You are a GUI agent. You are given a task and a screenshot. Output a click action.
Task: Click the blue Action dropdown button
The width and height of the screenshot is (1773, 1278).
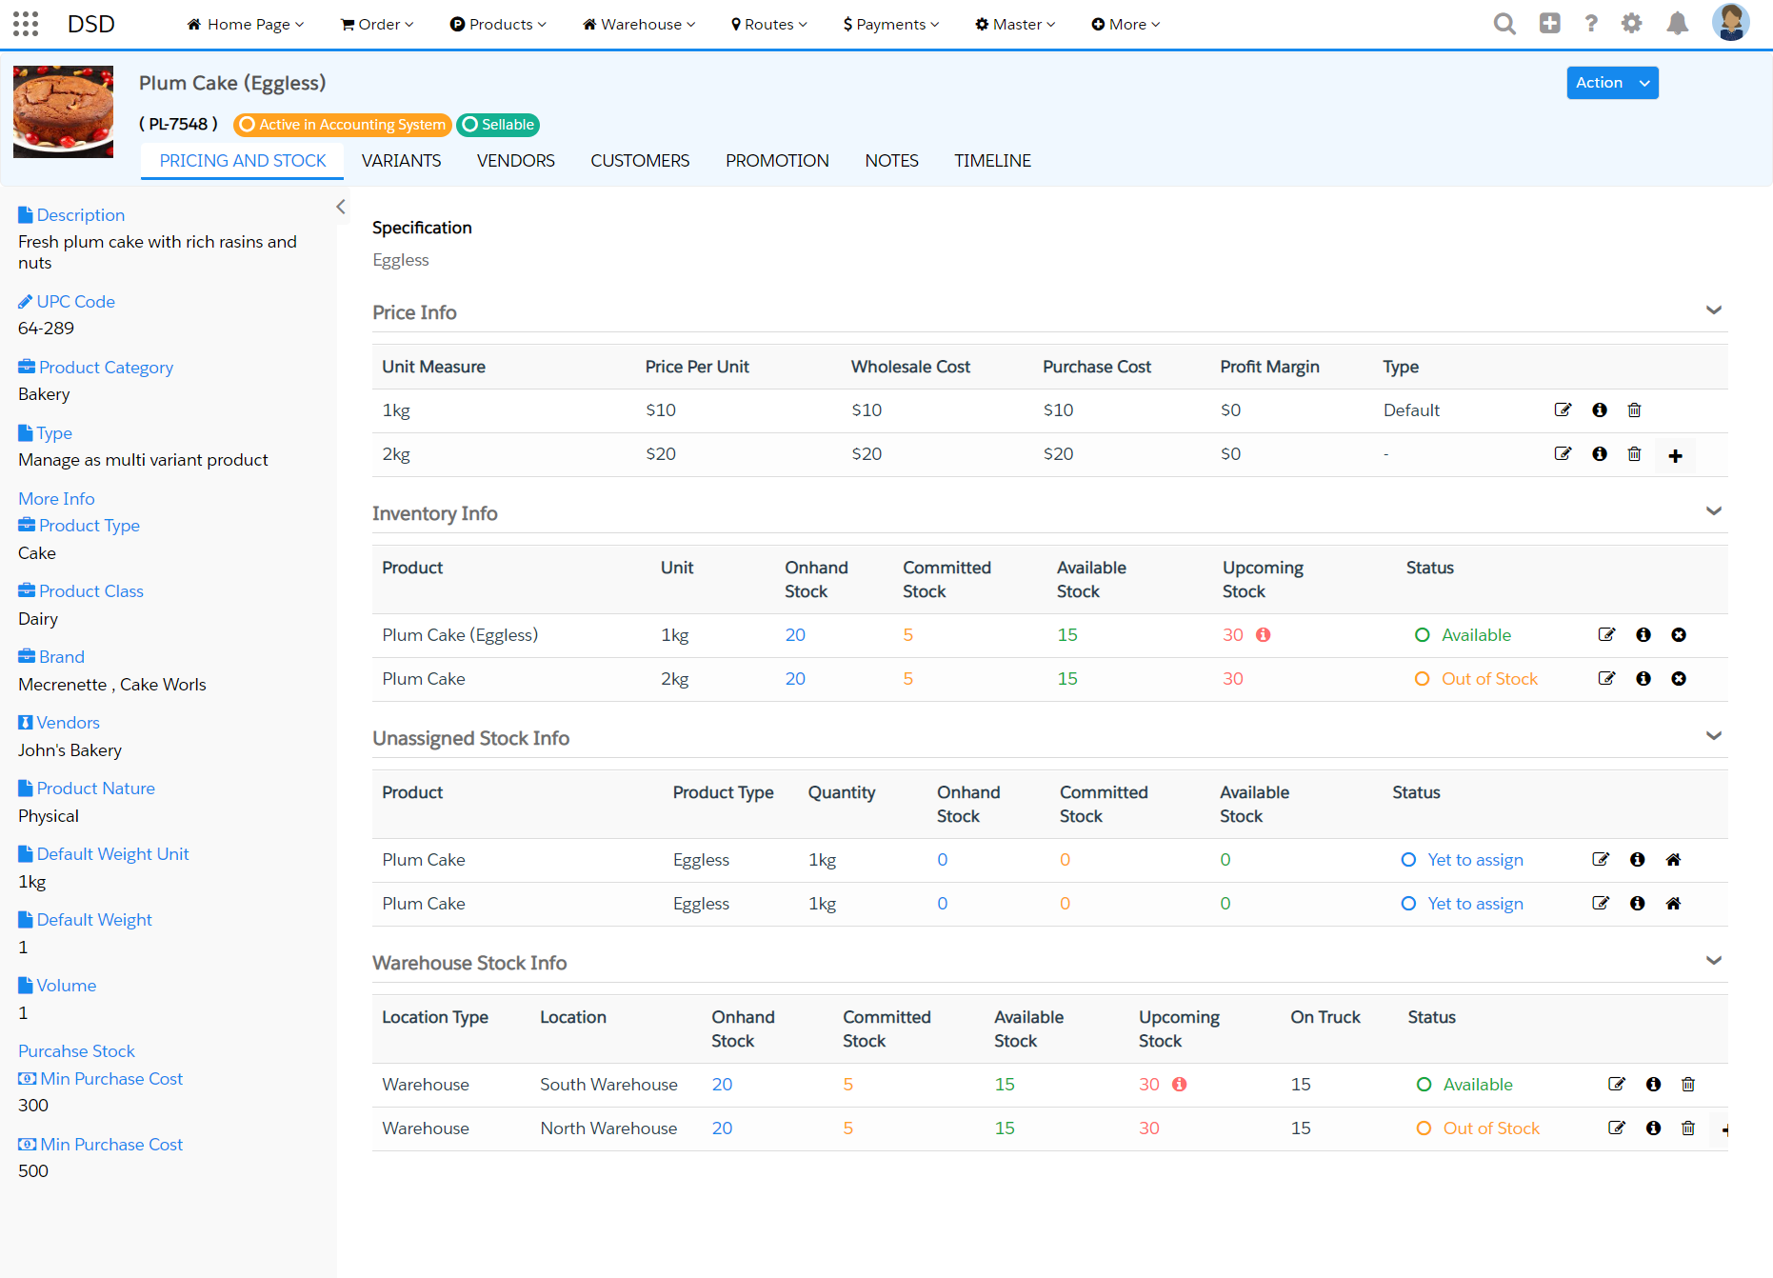[x=1611, y=83]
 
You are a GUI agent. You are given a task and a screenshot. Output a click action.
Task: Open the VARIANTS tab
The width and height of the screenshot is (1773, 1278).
[x=401, y=161]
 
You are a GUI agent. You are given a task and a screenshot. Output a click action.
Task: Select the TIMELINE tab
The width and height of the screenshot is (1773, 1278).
[x=992, y=161]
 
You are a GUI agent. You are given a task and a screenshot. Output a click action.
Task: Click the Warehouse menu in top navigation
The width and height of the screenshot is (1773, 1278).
[x=639, y=25]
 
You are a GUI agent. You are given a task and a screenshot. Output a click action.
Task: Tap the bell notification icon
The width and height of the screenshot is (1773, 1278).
[x=1677, y=24]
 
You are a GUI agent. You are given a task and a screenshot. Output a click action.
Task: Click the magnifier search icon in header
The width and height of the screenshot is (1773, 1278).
[x=1504, y=24]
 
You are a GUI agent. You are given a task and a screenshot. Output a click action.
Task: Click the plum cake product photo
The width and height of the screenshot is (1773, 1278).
[x=63, y=111]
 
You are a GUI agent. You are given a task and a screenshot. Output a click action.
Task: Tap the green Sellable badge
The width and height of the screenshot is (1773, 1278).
[x=498, y=125]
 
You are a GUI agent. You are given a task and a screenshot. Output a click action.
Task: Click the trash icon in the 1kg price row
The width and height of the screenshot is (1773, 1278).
[x=1634, y=410]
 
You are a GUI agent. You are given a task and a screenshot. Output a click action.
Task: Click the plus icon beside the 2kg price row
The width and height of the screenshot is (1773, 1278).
[x=1675, y=456]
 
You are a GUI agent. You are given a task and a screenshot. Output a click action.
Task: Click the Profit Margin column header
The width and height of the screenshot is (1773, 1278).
[x=1269, y=367]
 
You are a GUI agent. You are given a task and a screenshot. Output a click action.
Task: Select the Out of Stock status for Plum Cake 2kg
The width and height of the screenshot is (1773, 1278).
[x=1488, y=679]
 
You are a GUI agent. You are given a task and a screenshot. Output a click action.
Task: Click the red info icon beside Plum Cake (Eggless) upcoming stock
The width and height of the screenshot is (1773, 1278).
[x=1263, y=635]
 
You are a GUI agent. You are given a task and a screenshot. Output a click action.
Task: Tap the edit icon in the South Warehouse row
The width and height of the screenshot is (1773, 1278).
[x=1616, y=1085]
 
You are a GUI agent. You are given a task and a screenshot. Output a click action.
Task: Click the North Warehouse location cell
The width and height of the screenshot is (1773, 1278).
[x=608, y=1128]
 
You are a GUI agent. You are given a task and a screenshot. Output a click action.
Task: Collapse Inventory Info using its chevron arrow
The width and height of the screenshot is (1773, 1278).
[x=1713, y=511]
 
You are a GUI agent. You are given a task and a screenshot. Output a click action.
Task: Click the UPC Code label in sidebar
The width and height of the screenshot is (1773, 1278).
[x=75, y=302]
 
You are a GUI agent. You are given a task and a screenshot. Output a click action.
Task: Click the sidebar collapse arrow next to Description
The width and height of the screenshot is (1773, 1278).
[x=340, y=207]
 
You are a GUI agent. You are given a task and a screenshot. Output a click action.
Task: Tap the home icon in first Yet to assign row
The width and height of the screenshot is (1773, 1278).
[x=1673, y=860]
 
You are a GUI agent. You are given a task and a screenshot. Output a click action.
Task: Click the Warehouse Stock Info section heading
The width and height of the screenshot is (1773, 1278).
[x=469, y=963]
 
